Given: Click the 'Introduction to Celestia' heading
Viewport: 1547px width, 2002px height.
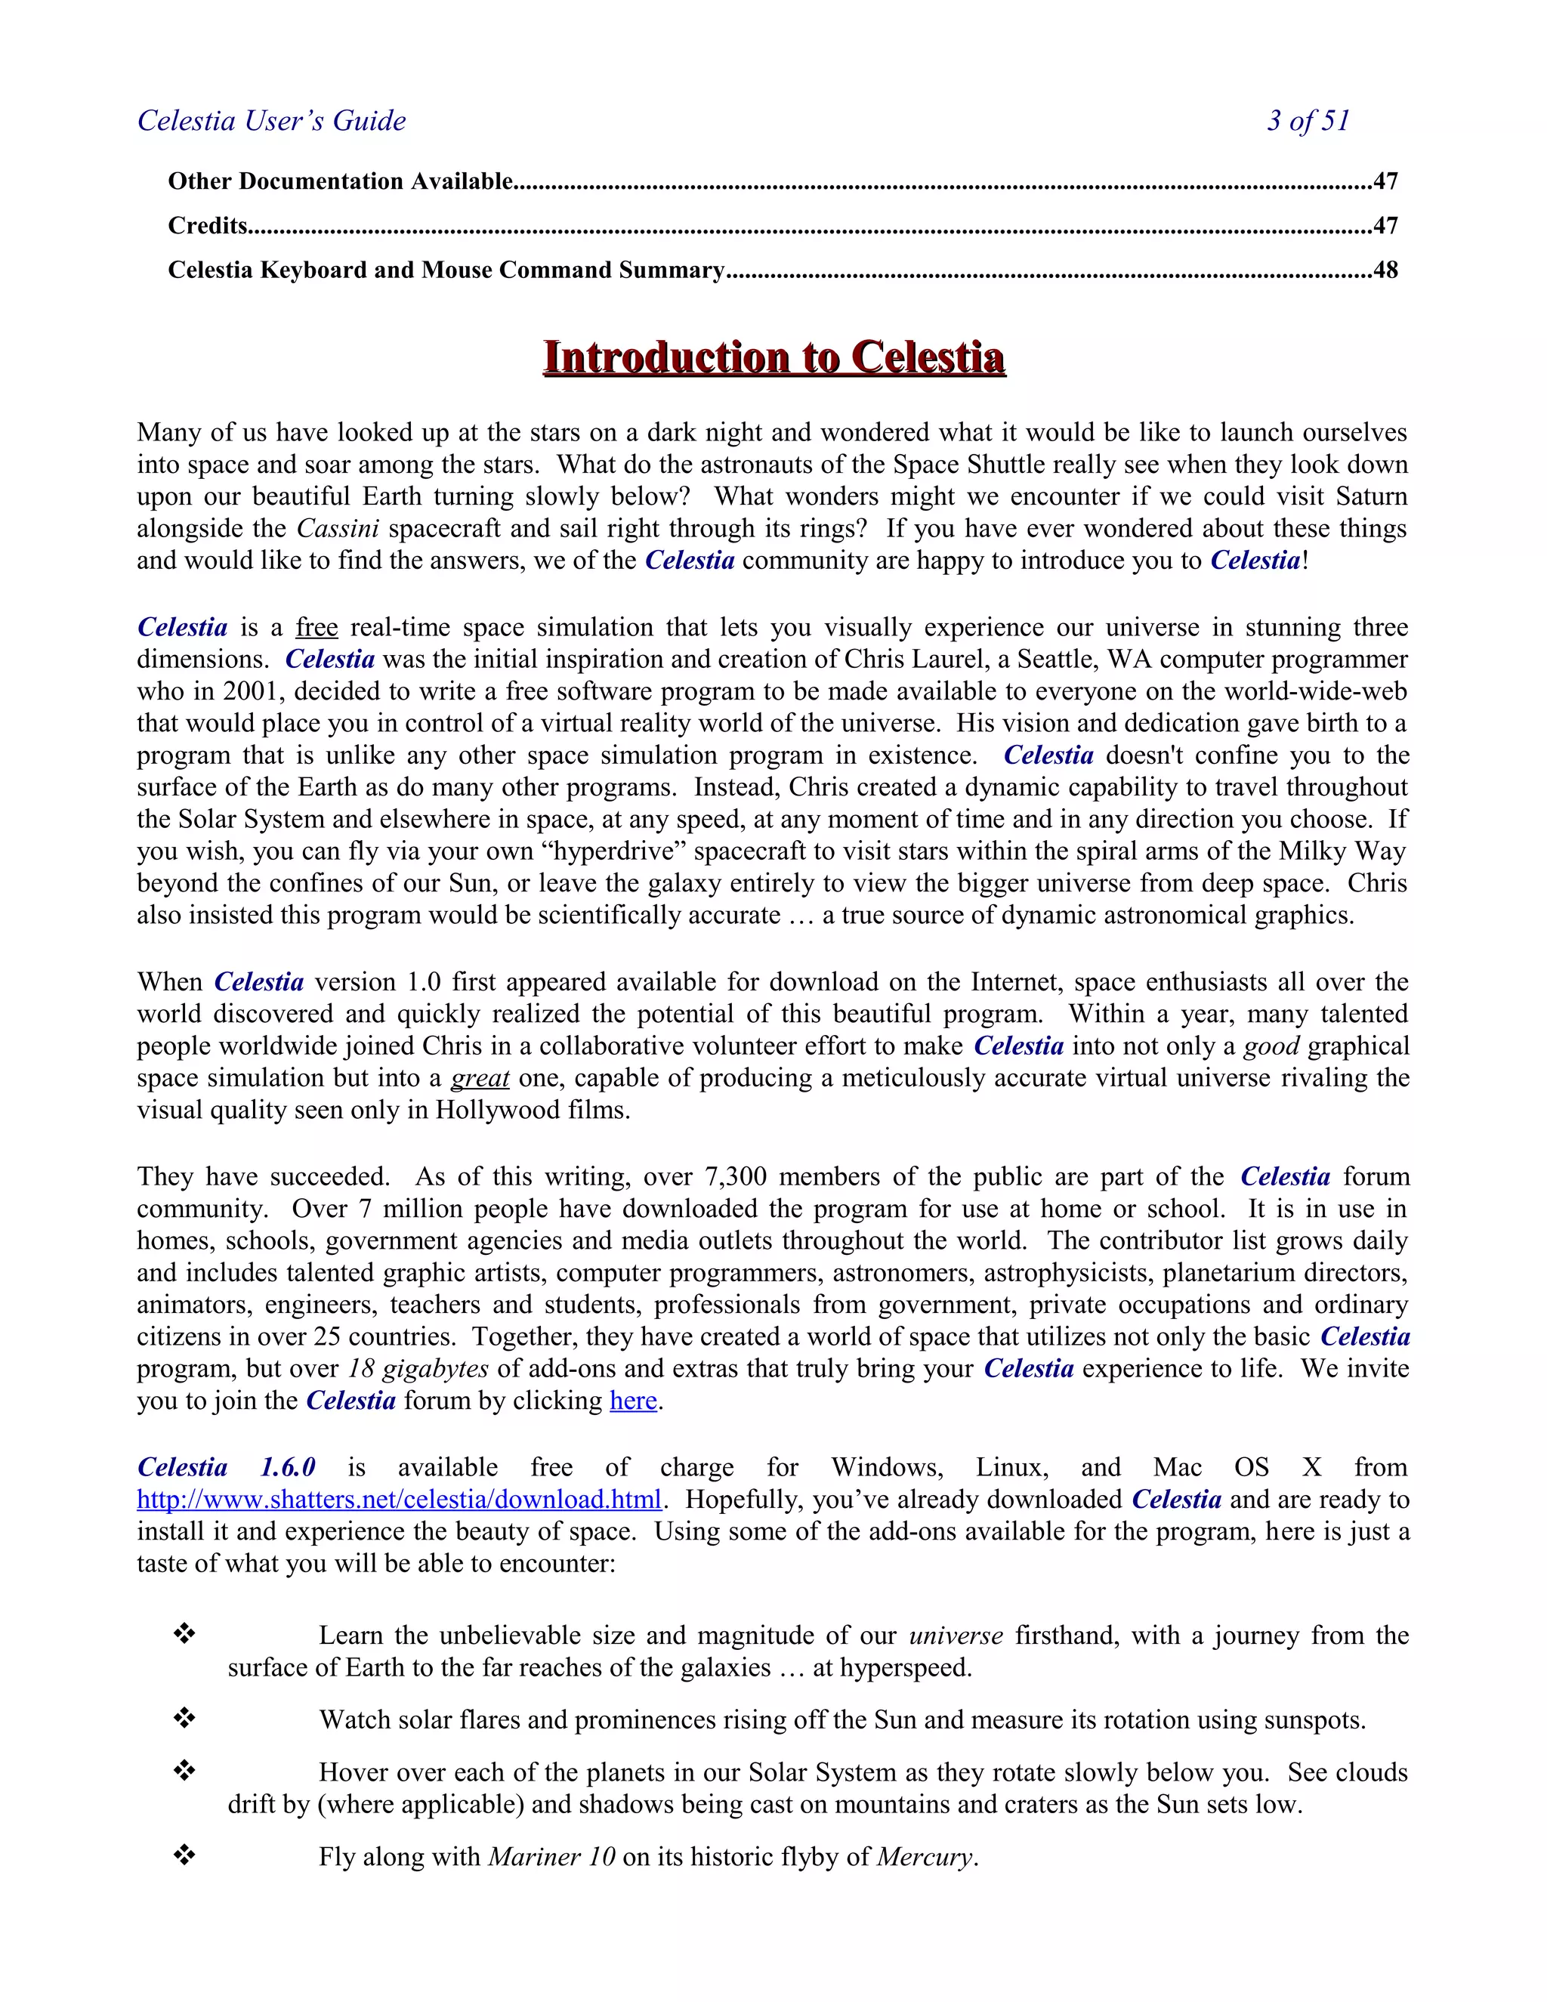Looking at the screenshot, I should pos(773,357).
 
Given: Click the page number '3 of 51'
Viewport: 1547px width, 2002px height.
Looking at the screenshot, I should pos(1308,121).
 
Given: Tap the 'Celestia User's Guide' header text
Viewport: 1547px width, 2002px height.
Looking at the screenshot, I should pos(271,121).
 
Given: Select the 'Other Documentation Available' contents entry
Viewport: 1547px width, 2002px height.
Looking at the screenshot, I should pos(340,181).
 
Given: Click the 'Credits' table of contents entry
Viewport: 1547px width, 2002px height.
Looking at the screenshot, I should pos(208,225).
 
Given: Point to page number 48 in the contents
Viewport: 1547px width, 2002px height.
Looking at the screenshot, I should pos(1385,270).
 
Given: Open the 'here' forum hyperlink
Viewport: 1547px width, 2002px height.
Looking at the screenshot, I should pos(633,1401).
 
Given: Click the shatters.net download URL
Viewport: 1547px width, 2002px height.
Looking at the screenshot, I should pos(399,1500).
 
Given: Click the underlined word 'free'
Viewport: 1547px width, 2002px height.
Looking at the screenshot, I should pos(317,628).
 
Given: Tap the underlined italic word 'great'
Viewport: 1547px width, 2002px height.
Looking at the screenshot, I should pos(480,1078).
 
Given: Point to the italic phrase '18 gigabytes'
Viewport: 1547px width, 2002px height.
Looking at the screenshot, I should pos(418,1369).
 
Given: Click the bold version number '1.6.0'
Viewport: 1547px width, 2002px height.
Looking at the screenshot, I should pos(288,1468).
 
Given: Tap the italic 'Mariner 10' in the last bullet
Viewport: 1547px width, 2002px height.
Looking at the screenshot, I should pos(551,1857).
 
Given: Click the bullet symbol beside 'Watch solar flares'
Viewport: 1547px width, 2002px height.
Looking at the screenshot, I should pos(184,1719).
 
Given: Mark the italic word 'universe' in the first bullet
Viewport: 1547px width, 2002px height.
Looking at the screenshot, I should pos(956,1636).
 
